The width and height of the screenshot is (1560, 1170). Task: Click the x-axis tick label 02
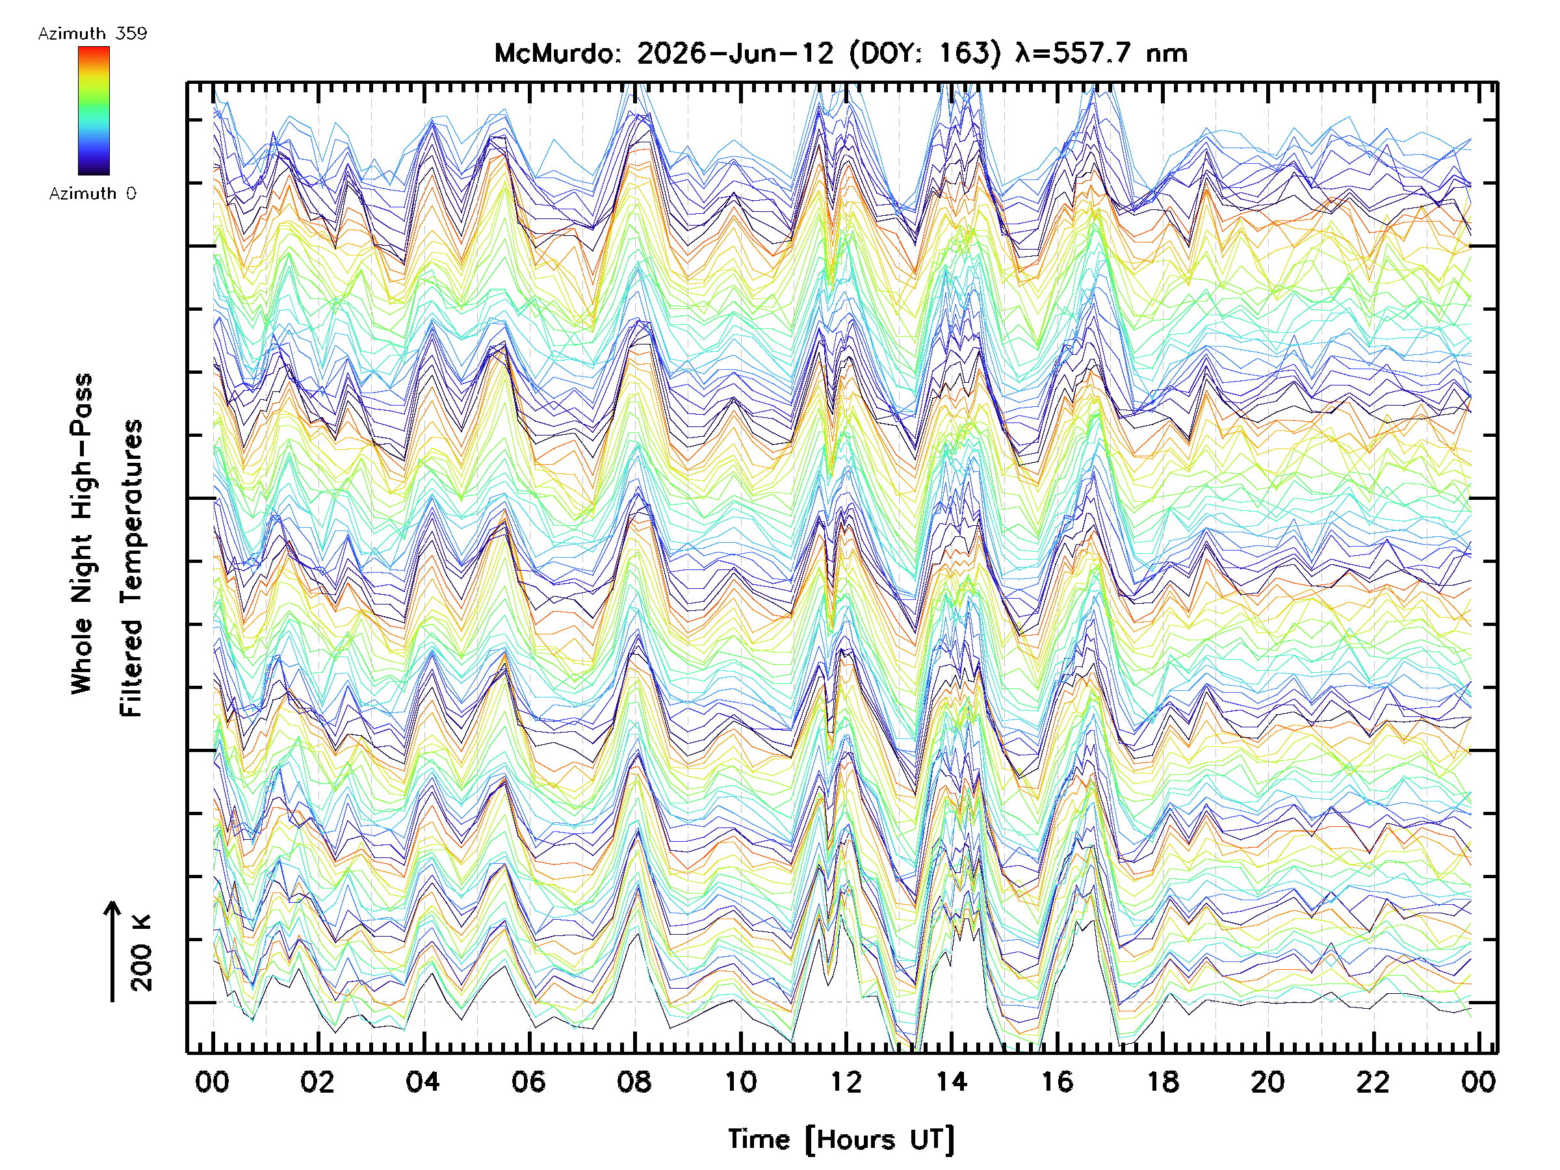317,1082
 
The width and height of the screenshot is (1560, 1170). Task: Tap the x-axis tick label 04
422,1082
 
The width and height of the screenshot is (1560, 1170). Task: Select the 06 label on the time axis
528,1082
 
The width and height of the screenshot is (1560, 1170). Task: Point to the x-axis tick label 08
634,1082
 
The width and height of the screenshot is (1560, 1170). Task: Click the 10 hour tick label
740,1082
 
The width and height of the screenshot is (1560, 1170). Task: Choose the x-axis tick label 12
846,1082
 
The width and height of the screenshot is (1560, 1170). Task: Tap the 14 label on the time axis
952,1082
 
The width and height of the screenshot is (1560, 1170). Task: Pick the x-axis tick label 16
1057,1082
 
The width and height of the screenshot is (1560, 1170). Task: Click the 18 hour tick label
1162,1082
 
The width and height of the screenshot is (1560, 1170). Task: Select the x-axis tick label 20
1268,1082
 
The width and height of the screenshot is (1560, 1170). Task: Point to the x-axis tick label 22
1373,1082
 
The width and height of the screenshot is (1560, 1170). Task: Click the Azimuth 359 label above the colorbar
92,34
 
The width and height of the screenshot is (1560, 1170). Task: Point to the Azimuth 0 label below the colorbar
92,193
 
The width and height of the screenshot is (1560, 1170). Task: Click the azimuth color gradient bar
94,110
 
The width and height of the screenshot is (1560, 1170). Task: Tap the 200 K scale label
141,953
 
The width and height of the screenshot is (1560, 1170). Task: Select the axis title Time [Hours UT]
841,1139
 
